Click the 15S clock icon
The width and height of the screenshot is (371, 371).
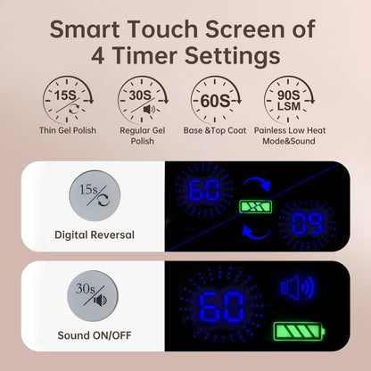click(x=68, y=99)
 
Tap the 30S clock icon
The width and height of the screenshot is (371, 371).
click(x=143, y=99)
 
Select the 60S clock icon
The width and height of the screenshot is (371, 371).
click(x=216, y=99)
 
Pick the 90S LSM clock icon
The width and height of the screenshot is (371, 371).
click(x=289, y=99)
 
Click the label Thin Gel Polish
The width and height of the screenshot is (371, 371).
click(x=68, y=130)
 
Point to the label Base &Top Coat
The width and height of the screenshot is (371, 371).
click(x=215, y=130)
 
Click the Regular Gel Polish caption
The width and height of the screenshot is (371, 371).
click(x=143, y=136)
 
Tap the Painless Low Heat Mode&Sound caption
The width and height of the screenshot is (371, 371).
click(x=290, y=136)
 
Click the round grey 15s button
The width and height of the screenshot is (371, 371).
click(x=95, y=195)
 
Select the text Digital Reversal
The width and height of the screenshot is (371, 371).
click(x=95, y=235)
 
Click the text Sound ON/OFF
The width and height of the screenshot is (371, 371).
click(x=95, y=335)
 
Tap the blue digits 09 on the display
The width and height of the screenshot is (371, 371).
click(x=307, y=224)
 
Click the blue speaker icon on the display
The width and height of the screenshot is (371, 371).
click(x=298, y=287)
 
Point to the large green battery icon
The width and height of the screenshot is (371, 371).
click(x=299, y=331)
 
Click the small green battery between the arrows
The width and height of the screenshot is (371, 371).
click(x=256, y=207)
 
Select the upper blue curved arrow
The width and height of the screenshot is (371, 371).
click(x=258, y=184)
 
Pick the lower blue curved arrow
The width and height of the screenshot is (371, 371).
click(x=256, y=232)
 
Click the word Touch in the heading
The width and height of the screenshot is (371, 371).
click(x=162, y=29)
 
